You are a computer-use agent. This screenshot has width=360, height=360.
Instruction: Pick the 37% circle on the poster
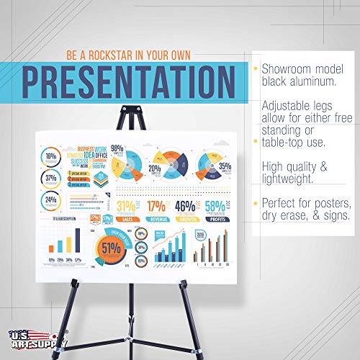(51, 178)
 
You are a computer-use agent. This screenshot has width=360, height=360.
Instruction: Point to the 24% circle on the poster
(51, 199)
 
